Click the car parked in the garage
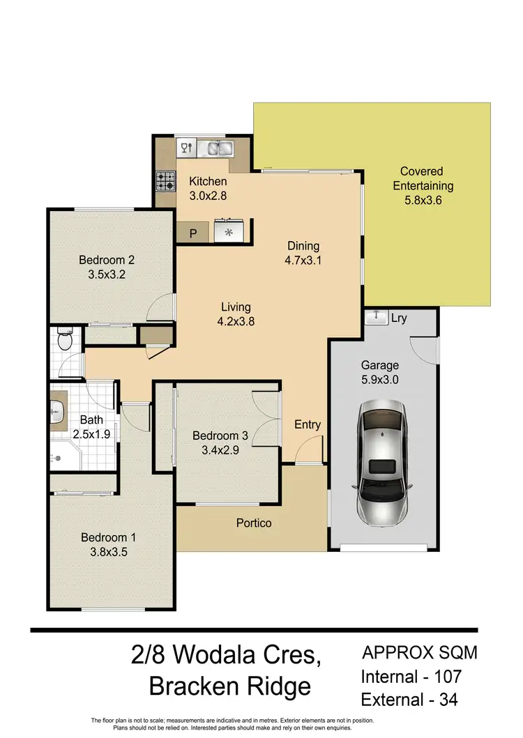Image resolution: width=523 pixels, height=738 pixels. coord(384,463)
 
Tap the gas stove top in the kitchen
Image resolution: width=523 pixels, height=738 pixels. coord(165,182)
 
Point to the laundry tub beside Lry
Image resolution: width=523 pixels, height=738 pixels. coord(377,317)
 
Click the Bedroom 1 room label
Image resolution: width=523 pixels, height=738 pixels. coord(108,537)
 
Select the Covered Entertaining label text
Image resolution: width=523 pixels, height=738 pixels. coord(423,178)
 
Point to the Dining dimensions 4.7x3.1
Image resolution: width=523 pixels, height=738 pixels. coord(303,261)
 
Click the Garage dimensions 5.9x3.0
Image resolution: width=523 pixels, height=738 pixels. coord(379,380)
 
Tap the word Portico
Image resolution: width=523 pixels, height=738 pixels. coord(254,523)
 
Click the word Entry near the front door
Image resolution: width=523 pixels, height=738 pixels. coord(308,424)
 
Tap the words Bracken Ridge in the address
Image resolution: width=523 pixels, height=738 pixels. coord(230,687)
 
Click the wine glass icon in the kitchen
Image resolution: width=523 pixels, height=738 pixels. coord(186,147)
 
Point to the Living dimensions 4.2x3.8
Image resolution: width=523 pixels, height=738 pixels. coord(236,322)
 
